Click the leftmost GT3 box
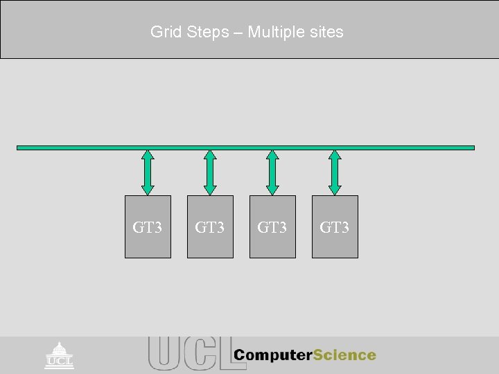click(148, 226)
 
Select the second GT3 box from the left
click(210, 226)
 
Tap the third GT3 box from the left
click(272, 226)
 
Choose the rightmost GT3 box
click(335, 226)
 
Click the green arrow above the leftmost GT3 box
click(148, 172)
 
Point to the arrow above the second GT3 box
click(210, 172)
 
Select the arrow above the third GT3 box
click(272, 172)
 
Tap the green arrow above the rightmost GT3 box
click(335, 172)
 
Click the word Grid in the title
click(164, 32)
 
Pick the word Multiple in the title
click(277, 33)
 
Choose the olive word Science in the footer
click(344, 355)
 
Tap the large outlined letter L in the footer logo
click(220, 354)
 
